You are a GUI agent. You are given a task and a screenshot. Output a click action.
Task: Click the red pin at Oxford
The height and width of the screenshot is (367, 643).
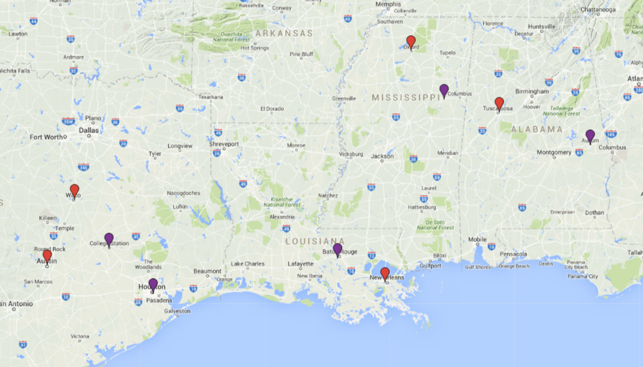[410, 42]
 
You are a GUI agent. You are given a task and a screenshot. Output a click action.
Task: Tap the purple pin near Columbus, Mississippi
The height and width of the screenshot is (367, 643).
[444, 90]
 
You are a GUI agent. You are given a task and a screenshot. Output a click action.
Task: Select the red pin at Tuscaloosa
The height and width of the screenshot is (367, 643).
[499, 103]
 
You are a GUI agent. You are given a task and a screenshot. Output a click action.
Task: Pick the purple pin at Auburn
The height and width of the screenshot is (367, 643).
[590, 135]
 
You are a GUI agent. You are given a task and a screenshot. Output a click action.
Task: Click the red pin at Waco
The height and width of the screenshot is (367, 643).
[74, 190]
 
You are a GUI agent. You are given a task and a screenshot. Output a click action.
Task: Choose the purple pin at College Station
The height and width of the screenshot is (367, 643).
[109, 239]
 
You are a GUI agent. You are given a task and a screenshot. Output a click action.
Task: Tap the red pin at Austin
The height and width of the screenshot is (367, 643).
[47, 257]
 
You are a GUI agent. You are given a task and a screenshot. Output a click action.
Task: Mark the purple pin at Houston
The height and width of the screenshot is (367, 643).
[153, 284]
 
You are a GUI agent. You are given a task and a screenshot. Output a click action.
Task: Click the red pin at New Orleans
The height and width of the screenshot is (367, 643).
[385, 273]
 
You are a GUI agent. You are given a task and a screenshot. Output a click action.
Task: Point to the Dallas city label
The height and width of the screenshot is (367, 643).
[88, 130]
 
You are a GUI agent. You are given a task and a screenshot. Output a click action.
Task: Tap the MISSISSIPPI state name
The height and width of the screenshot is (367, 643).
[405, 97]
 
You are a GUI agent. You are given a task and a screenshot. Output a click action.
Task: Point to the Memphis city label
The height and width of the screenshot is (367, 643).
[388, 5]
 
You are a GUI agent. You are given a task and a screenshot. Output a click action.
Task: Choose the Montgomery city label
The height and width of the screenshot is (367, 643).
[553, 153]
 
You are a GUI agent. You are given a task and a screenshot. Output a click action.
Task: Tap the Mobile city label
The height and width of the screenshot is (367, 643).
[477, 240]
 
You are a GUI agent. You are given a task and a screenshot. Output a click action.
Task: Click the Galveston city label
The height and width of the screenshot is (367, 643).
[177, 311]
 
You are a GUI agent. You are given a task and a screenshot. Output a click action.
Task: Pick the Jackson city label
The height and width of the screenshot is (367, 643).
[382, 156]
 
